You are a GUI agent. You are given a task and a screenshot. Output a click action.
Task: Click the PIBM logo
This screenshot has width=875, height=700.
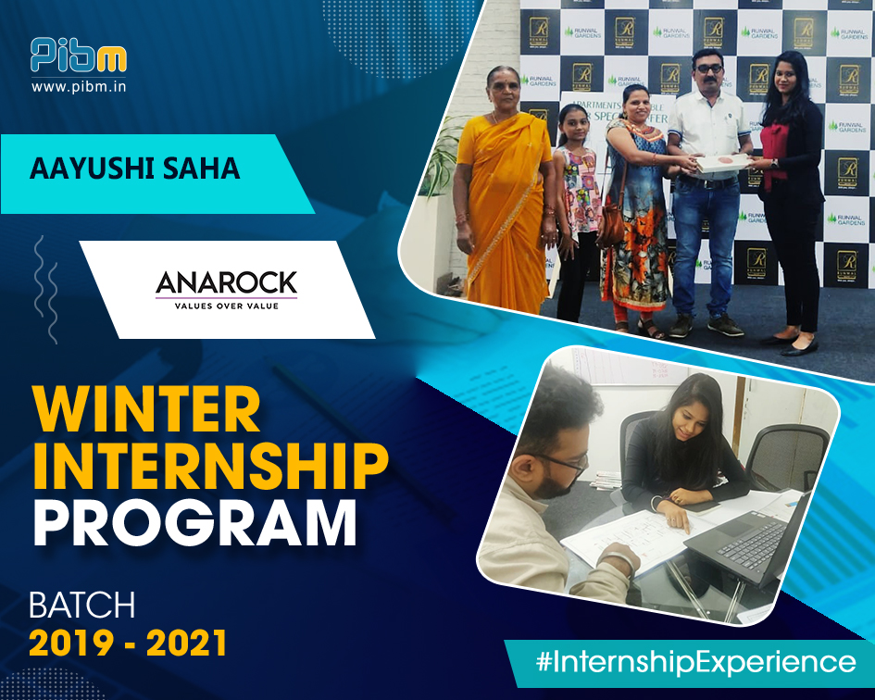[78, 56]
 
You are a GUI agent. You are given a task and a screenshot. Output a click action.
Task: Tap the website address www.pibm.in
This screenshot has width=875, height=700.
[78, 87]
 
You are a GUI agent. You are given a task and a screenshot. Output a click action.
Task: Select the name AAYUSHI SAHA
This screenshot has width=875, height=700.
[135, 169]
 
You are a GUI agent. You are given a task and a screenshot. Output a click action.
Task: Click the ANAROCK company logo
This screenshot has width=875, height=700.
[226, 281]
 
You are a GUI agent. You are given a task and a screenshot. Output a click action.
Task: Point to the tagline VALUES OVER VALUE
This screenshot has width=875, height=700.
[226, 304]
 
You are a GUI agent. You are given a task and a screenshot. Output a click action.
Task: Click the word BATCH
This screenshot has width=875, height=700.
[82, 606]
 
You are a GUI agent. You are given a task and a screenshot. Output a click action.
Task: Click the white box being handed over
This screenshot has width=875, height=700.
[721, 163]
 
